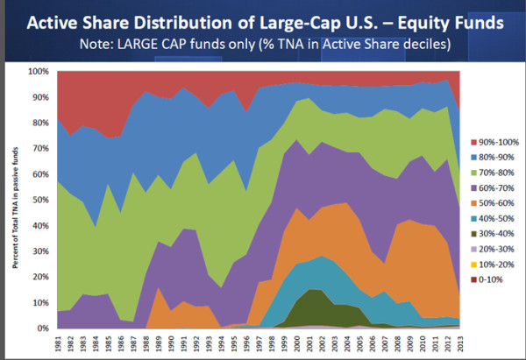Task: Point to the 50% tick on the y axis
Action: coord(42,199)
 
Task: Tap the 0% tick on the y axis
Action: coord(45,328)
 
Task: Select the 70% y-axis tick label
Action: coord(42,148)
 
